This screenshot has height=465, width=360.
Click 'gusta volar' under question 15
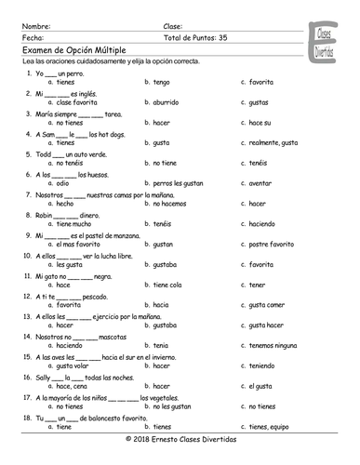(72, 365)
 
